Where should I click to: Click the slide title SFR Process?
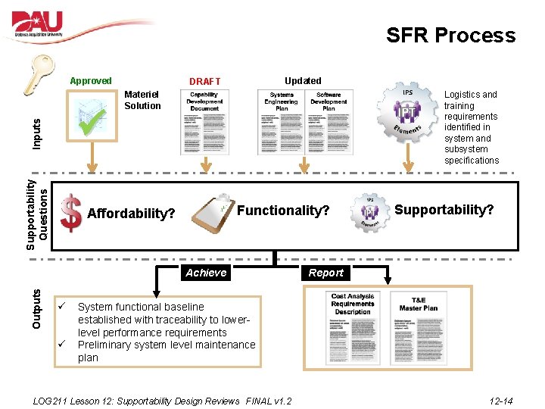pyautogui.click(x=450, y=36)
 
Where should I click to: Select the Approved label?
pyautogui.click(x=90, y=81)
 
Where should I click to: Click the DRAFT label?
pyautogui.click(x=204, y=82)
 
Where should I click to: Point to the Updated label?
pyautogui.click(x=303, y=81)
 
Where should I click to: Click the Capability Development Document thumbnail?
pyautogui.click(x=204, y=122)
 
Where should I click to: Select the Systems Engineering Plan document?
pyautogui.click(x=282, y=122)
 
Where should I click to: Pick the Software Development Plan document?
pyautogui.click(x=329, y=122)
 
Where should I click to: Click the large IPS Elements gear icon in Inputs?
pyautogui.click(x=408, y=114)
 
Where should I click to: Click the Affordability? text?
pyautogui.click(x=132, y=214)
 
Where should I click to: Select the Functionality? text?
pyautogui.click(x=283, y=210)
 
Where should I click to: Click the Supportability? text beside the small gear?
pyautogui.click(x=444, y=209)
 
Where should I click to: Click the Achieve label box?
pyautogui.click(x=206, y=273)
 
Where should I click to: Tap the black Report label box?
pyautogui.click(x=325, y=273)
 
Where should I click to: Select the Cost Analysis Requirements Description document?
pyautogui.click(x=352, y=327)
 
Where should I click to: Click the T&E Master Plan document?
pyautogui.click(x=419, y=327)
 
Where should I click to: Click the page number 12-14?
pyautogui.click(x=500, y=400)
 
